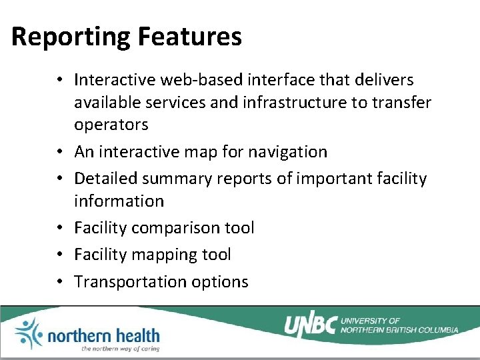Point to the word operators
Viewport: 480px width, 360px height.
coord(111,125)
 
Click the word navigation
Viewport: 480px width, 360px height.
coord(287,152)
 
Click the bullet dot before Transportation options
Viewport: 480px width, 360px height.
coord(60,282)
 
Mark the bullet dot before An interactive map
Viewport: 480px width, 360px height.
coord(60,152)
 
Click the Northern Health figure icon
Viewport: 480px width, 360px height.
coord(27,333)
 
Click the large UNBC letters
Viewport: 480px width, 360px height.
coord(311,325)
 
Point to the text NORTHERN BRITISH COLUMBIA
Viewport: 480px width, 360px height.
coord(399,329)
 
